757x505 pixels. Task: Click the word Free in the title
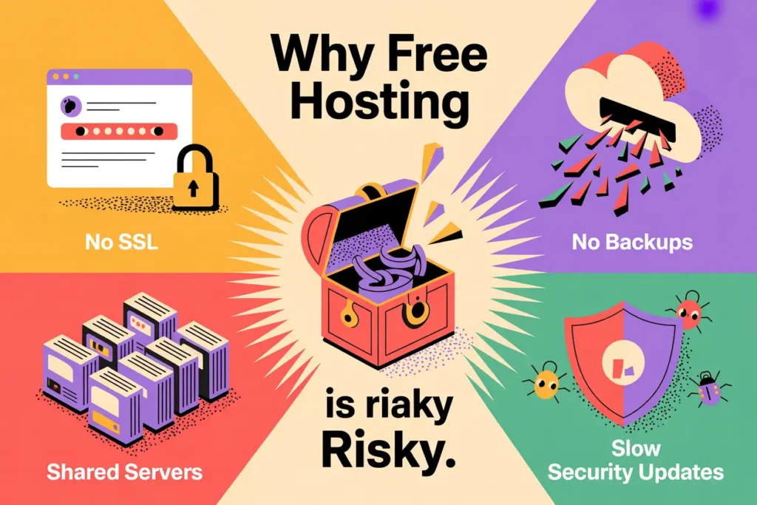pyautogui.click(x=432, y=55)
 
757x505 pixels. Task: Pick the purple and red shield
pyautogui.click(x=622, y=358)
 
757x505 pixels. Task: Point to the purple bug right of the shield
pyautogui.click(x=709, y=390)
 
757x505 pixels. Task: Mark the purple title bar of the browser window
pyautogui.click(x=119, y=76)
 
